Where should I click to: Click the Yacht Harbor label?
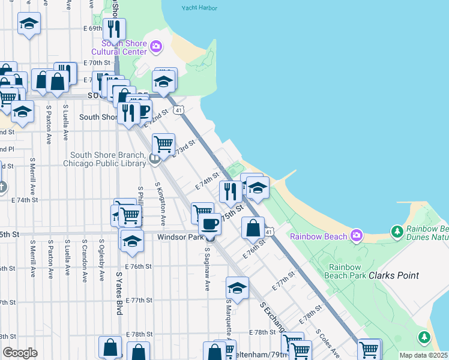tap(198, 8)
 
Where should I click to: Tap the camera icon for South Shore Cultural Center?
tap(156, 46)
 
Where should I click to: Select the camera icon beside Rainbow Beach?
tap(357, 235)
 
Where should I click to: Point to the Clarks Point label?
tap(393, 275)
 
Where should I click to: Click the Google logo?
tap(20, 353)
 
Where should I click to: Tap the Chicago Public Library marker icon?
tap(155, 159)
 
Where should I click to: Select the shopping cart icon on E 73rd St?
tap(163, 144)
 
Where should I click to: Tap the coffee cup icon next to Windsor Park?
tap(209, 224)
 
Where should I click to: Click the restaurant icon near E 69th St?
tap(113, 28)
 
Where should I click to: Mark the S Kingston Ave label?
tap(160, 198)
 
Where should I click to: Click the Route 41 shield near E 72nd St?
tap(178, 110)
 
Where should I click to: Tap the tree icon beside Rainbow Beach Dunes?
tap(396, 231)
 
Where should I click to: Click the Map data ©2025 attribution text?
tap(423, 355)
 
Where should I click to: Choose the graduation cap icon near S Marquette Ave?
tap(237, 287)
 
